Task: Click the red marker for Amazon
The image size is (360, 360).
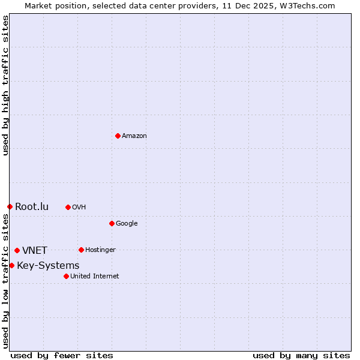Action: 118,136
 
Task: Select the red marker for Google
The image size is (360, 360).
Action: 112,223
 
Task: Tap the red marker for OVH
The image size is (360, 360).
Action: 68,207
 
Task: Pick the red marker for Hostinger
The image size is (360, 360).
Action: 81,250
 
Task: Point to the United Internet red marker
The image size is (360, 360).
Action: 66,276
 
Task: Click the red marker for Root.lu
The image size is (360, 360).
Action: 10,206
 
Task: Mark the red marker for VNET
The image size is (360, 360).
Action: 17,250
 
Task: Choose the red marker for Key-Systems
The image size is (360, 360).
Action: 11,265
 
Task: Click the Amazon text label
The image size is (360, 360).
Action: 134,136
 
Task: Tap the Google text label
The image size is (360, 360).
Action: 127,224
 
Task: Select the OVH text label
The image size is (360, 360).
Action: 79,208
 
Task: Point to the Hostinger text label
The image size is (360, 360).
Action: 100,250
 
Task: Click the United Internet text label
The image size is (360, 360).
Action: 94,277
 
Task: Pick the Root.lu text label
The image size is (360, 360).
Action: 32,207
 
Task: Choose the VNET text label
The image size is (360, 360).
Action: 35,251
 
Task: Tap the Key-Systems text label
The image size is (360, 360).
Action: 48,266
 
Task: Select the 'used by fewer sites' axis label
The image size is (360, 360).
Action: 62,355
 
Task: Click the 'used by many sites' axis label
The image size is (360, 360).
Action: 301,355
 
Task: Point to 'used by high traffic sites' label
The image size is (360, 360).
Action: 5,85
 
